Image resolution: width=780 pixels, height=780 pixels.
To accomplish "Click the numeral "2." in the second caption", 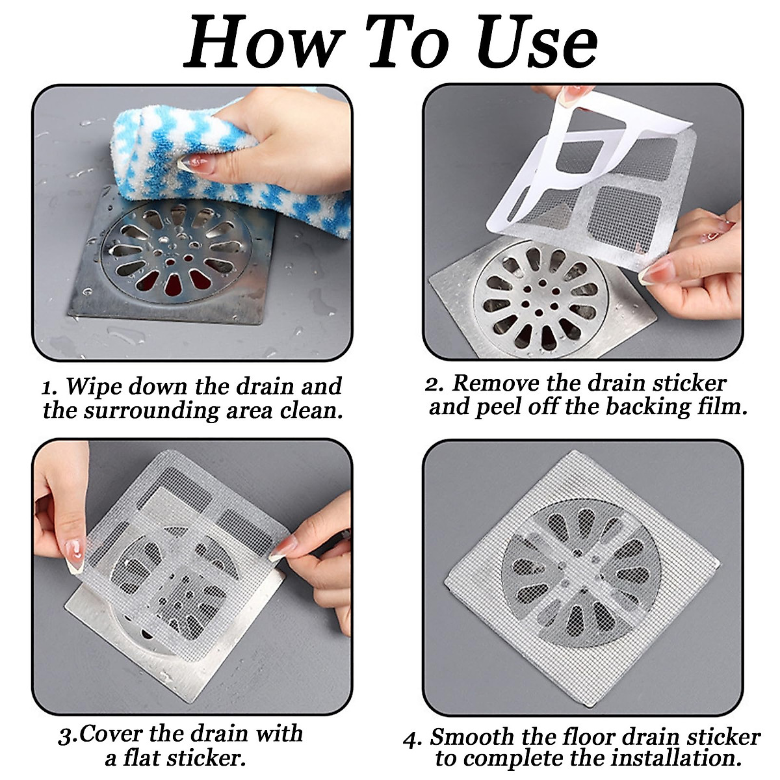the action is (x=434, y=383).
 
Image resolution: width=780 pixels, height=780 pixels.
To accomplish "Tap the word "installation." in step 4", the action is (x=673, y=758).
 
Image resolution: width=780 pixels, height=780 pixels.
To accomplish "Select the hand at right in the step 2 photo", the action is (x=697, y=267).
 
